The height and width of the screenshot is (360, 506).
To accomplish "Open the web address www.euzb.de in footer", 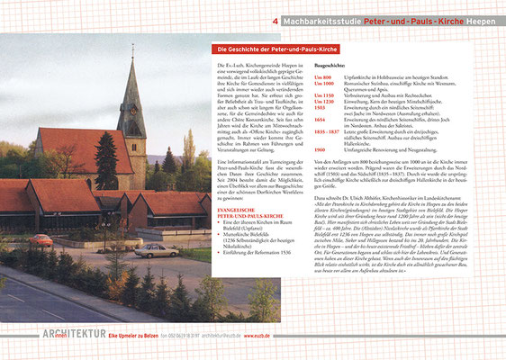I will (249, 336).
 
